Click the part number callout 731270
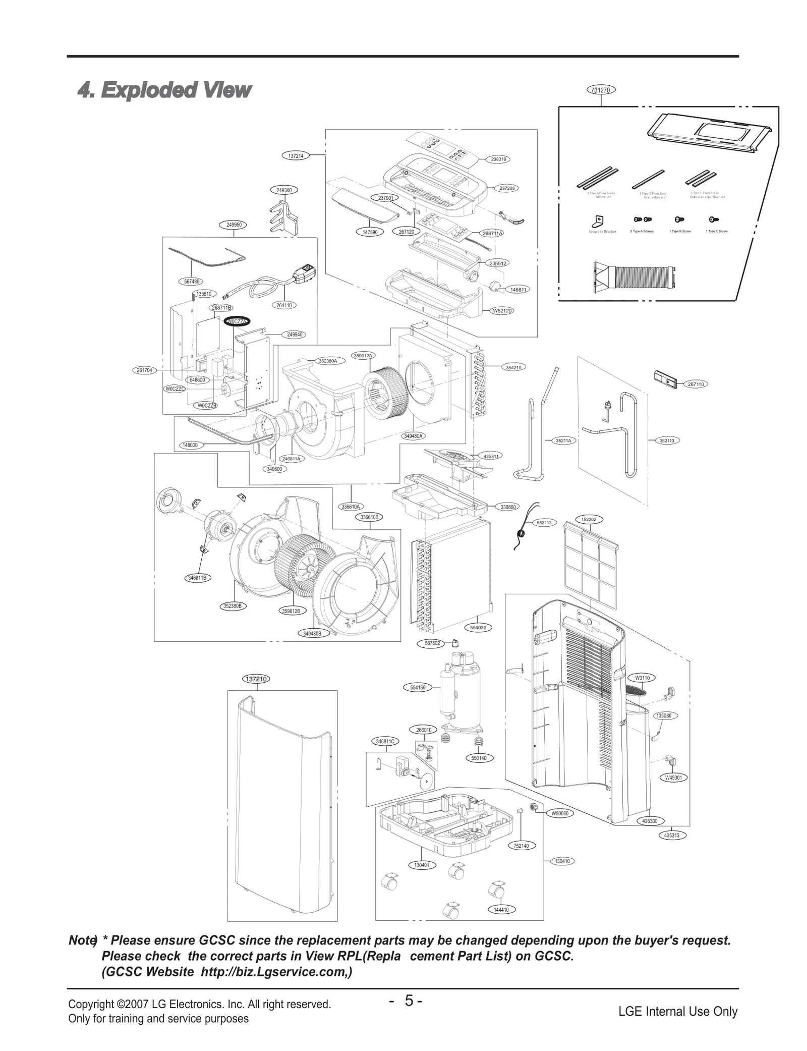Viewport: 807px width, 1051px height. coord(601,90)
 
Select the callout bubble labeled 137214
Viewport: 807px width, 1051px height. coord(296,156)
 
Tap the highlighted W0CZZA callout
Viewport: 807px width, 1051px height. coord(237,321)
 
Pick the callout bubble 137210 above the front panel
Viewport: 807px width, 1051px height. coord(257,679)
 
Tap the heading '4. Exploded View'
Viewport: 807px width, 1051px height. coord(164,90)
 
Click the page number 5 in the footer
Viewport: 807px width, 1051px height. coord(409,1000)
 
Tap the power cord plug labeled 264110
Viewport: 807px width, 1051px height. coord(305,272)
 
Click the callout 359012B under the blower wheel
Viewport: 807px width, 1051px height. coord(291,611)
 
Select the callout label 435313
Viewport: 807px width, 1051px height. coord(671,836)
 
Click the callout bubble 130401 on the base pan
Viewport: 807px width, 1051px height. coord(422,865)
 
